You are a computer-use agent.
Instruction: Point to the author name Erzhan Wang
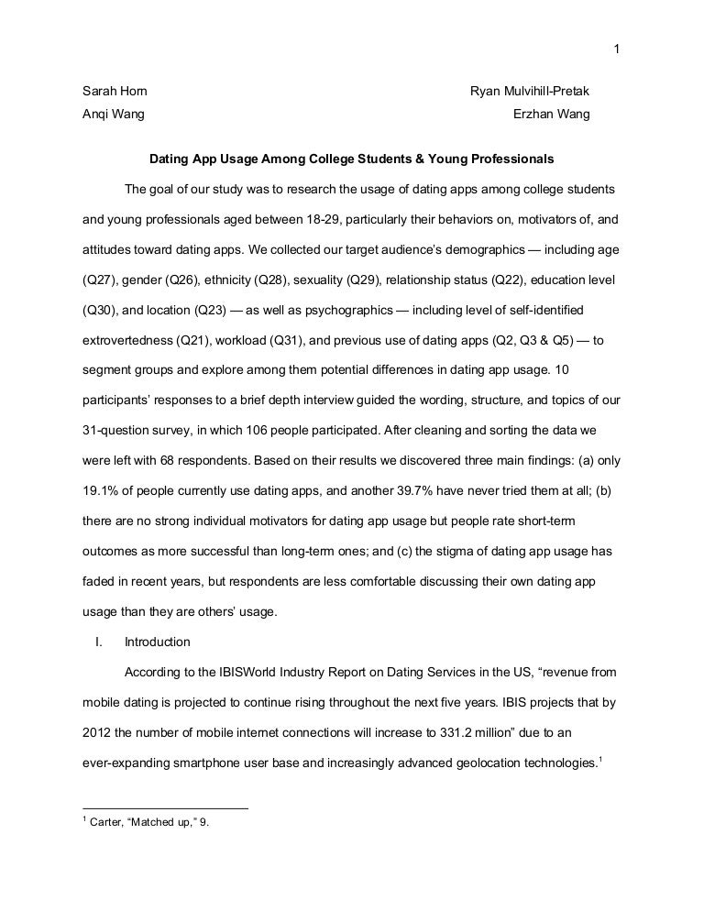click(x=552, y=115)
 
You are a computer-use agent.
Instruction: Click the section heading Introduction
click(x=158, y=642)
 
